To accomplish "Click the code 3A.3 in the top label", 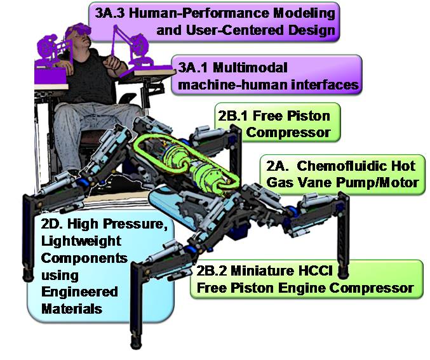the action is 110,13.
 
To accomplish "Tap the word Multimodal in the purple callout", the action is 250,67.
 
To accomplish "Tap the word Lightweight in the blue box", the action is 81,241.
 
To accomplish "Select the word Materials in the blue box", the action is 72,309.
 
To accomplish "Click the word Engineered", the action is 79,292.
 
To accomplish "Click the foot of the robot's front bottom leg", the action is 137,342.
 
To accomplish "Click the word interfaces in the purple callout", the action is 325,84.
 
